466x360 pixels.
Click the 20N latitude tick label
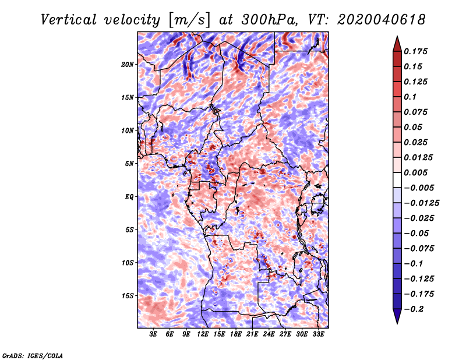click(x=128, y=65)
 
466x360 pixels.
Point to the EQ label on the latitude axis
click(x=129, y=197)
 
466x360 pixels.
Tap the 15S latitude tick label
click(x=128, y=296)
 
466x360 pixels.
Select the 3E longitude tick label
click(x=153, y=334)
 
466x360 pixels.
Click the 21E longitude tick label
click(x=252, y=334)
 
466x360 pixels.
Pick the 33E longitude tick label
click(x=318, y=334)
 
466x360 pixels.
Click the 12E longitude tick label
click(x=203, y=334)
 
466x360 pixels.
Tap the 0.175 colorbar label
click(x=415, y=51)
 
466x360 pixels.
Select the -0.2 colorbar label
click(x=414, y=309)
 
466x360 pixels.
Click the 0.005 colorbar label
click(x=415, y=172)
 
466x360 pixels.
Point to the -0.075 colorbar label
click(x=419, y=249)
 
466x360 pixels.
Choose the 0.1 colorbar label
click(x=410, y=97)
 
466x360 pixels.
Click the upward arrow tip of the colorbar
click(x=397, y=36)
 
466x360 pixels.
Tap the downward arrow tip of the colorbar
click(x=397, y=323)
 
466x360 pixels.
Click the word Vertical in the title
click(x=69, y=20)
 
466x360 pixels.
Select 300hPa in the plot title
click(x=269, y=20)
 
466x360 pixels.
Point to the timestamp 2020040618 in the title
click(x=382, y=20)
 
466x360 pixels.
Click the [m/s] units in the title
click(x=189, y=20)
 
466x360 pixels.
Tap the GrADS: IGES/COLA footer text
click(x=33, y=355)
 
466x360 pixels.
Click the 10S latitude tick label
click(x=128, y=263)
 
